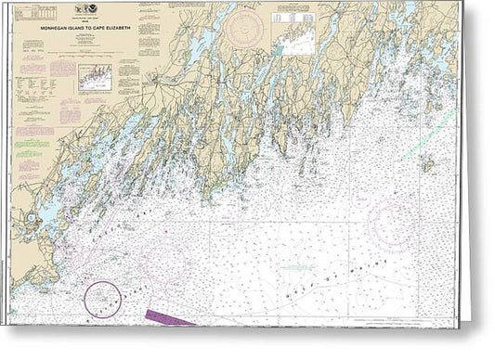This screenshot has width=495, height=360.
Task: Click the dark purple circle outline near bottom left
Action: click(x=102, y=299)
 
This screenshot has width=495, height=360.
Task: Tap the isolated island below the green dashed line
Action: click(x=426, y=163)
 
